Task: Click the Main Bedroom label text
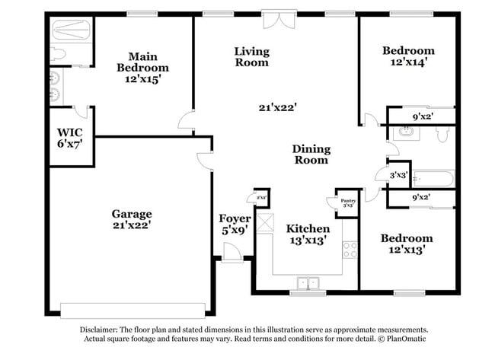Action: click(x=137, y=67)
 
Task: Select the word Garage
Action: click(x=132, y=214)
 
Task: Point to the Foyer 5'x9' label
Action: click(x=234, y=224)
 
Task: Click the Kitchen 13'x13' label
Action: click(x=308, y=234)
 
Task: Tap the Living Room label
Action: click(x=251, y=57)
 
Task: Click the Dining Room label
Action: click(x=311, y=155)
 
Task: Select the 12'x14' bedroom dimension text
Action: click(x=409, y=63)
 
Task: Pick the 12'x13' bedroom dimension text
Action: click(x=407, y=249)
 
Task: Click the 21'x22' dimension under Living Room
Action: click(x=276, y=107)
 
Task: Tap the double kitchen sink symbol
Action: click(x=308, y=282)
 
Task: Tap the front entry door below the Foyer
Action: click(x=232, y=255)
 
